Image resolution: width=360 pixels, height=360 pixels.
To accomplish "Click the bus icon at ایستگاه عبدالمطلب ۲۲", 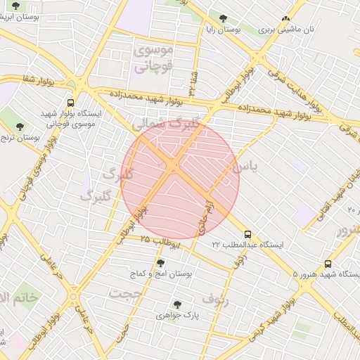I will tap(247, 234).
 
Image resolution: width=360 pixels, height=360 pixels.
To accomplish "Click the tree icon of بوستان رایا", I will tap(223, 18).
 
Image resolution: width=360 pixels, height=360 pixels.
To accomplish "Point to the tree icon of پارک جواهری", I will tap(176, 304).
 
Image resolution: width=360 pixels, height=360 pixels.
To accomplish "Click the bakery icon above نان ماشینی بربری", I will tap(285, 20).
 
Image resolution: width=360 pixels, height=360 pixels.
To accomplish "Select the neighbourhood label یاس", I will tap(244, 167).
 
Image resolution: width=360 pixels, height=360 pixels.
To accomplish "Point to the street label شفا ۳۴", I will tap(193, 82).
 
